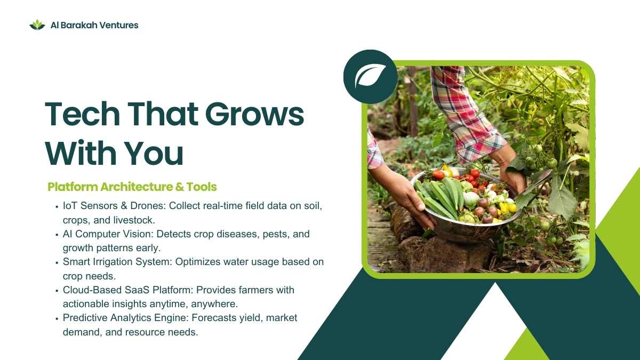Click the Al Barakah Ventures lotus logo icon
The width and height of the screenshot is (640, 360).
pyautogui.click(x=37, y=25)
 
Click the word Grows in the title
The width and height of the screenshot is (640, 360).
pyautogui.click(x=254, y=114)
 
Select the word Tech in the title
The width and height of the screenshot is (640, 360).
pyautogui.click(x=82, y=114)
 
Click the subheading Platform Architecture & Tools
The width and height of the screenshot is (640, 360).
pyautogui.click(x=132, y=187)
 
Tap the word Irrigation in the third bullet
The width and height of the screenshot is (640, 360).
pyautogui.click(x=113, y=262)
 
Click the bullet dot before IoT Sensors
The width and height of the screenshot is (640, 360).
pyautogui.click(x=57, y=206)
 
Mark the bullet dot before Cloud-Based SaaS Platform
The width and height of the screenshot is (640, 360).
pyautogui.click(x=57, y=291)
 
